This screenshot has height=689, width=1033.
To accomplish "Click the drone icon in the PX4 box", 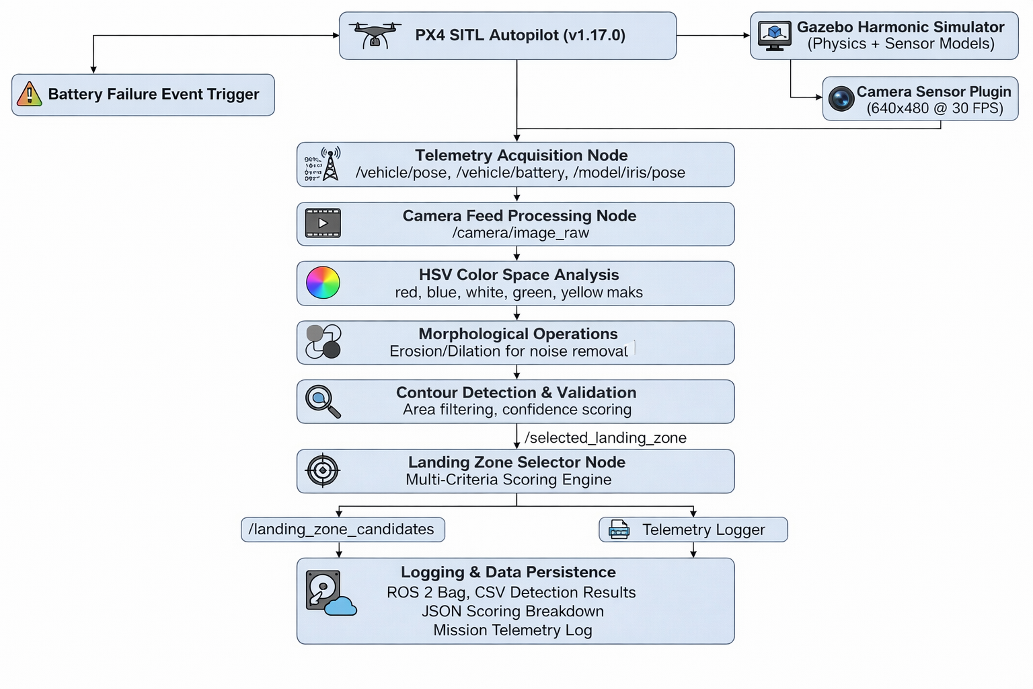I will (x=375, y=35).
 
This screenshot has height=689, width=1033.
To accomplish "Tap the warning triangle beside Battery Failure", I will (x=29, y=94).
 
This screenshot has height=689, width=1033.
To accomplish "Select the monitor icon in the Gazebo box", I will (x=774, y=36).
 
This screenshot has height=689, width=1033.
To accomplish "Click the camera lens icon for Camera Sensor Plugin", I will (x=841, y=99).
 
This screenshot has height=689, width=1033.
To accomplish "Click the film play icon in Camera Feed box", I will (x=323, y=223).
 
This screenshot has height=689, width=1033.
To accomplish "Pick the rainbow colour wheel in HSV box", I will (x=323, y=283).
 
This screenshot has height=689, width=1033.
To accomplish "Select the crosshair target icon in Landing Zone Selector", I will (x=323, y=470).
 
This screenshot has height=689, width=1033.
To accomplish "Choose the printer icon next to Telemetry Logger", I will (x=619, y=530).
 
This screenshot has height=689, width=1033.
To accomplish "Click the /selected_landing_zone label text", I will (x=605, y=438).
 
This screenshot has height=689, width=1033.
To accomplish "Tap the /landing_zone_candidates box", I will (x=342, y=530).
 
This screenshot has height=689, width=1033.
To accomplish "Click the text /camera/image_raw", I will (x=521, y=233).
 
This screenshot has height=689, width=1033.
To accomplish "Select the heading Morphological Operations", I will (x=518, y=334).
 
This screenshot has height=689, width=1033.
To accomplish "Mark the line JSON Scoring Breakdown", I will (x=512, y=611).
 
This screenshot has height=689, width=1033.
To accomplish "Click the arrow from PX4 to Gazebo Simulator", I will (x=713, y=36).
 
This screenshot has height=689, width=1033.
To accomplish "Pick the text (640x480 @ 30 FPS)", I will (x=934, y=108).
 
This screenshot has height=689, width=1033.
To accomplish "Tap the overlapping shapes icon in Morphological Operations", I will (x=323, y=342).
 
